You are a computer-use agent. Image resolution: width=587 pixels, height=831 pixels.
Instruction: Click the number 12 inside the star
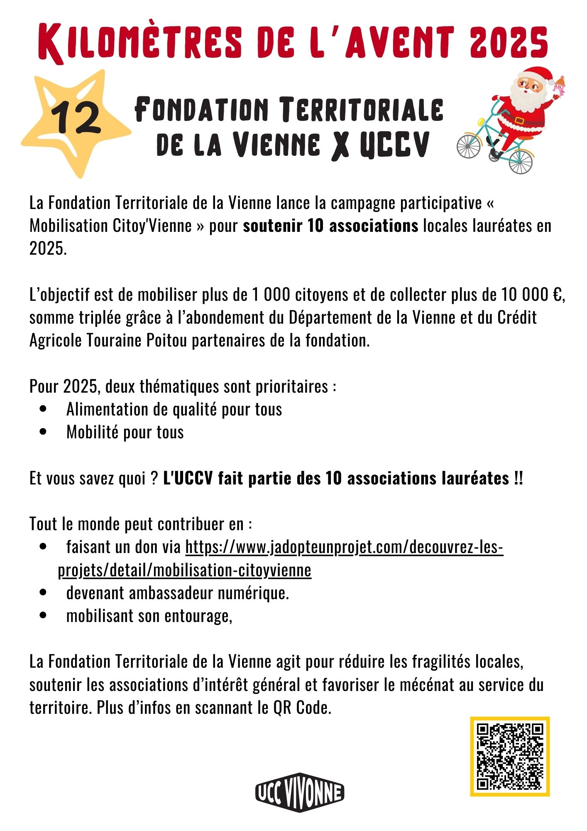point(77,118)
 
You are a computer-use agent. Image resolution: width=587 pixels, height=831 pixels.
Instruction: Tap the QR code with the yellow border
point(510,756)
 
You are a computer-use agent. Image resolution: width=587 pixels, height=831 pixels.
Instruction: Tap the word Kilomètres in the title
point(141,43)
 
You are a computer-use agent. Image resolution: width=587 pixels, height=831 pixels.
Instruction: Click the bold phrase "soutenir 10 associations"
point(330,226)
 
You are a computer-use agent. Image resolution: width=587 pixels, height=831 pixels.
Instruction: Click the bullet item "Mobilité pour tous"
point(125,432)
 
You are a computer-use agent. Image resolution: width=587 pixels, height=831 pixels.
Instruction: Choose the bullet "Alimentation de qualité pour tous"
point(174,409)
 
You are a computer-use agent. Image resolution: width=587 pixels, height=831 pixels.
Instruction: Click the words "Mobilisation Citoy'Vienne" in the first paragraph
point(110,226)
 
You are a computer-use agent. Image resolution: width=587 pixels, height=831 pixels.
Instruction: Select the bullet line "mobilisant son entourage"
point(148,616)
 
